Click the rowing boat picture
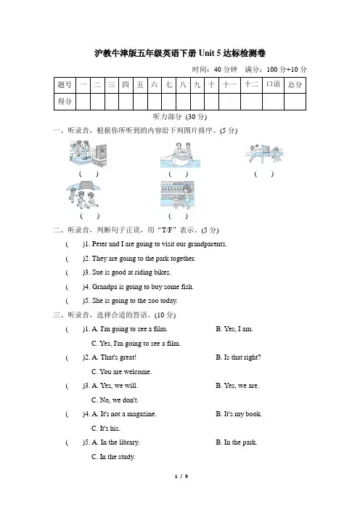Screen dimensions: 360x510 (x=180, y=155)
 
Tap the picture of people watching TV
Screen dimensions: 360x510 (x=88, y=153)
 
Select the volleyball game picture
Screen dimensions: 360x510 (x=263, y=153)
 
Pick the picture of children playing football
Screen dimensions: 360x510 (x=83, y=195)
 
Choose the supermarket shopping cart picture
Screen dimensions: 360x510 (x=177, y=195)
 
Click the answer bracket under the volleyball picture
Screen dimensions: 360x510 (x=263, y=174)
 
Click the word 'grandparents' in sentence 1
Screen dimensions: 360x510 (x=207, y=244)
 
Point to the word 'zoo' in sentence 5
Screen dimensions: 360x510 (x=153, y=301)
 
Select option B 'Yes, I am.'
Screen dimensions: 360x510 (x=234, y=329)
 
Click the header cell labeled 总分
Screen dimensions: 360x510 (x=295, y=85)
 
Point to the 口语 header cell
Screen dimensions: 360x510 (x=273, y=85)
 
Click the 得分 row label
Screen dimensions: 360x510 (x=65, y=102)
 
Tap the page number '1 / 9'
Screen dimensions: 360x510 (x=181, y=477)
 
